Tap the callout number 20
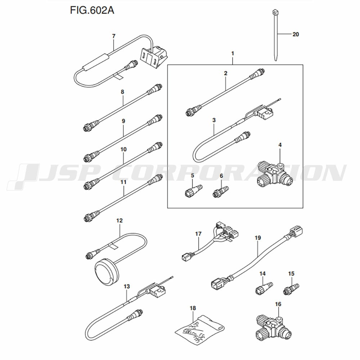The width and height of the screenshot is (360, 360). click(296, 35)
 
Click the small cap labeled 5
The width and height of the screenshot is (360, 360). click(193, 189)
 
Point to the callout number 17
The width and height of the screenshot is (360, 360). click(198, 234)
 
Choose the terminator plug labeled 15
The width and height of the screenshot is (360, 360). click(291, 289)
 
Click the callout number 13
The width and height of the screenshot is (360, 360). click(126, 287)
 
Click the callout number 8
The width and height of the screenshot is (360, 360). click(122, 92)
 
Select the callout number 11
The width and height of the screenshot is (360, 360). click(123, 183)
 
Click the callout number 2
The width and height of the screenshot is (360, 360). click(226, 73)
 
